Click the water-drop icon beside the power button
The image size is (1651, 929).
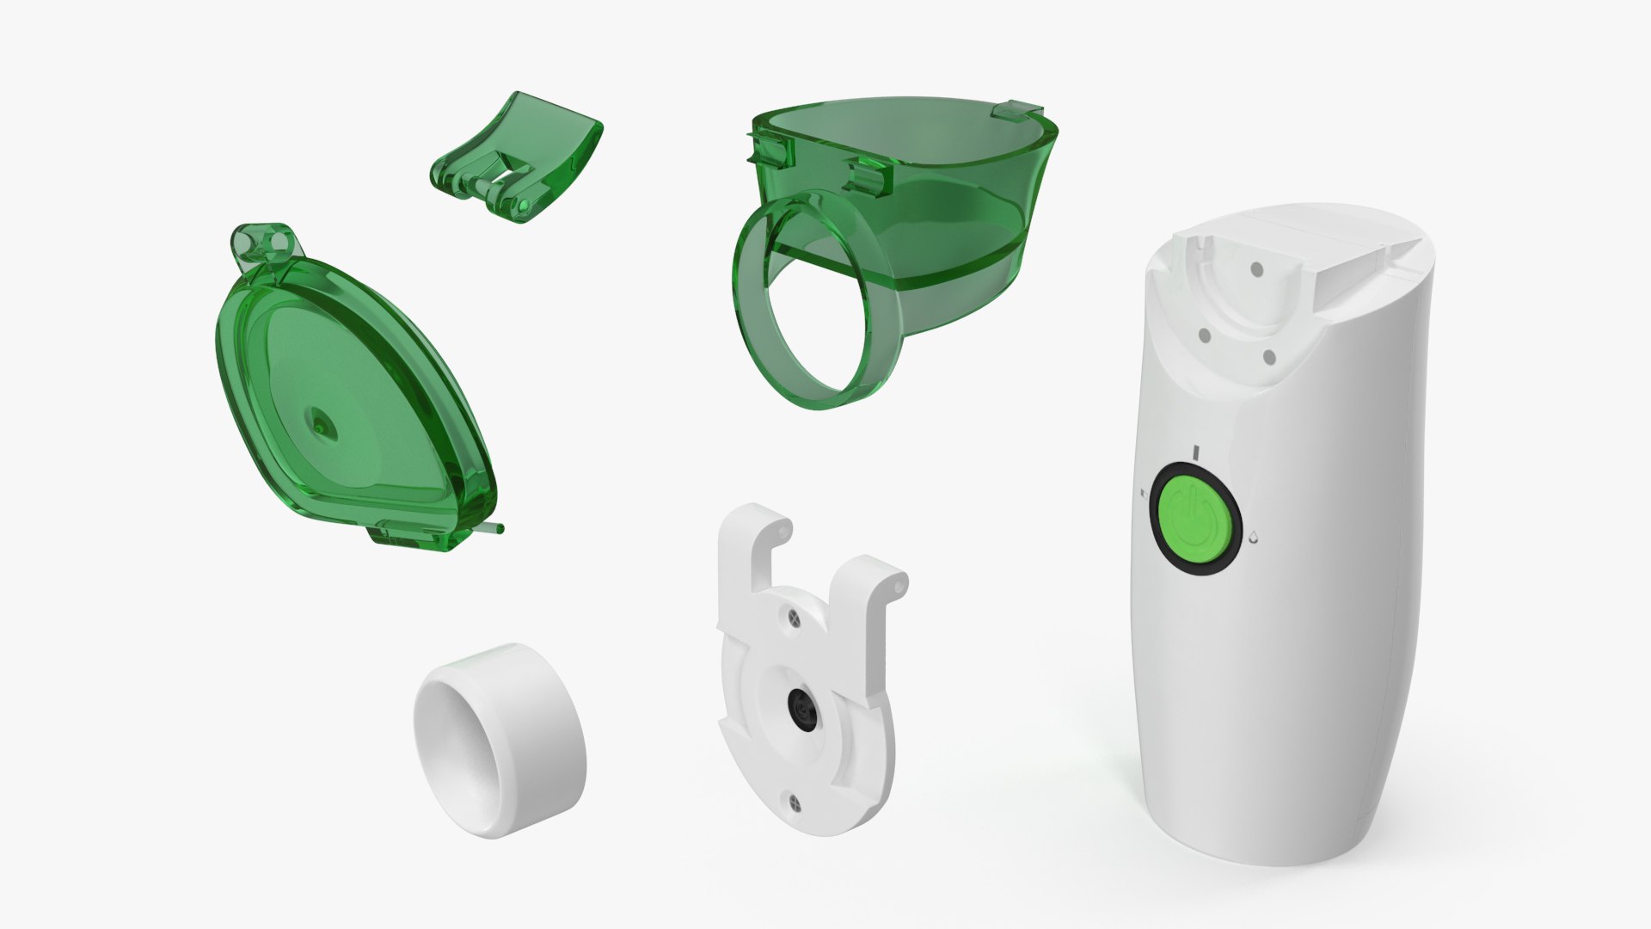1254,536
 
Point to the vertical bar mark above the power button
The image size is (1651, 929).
1196,452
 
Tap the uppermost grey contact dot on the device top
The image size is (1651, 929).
1256,269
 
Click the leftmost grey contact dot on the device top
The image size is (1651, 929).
1204,335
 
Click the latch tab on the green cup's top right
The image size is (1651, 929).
1014,111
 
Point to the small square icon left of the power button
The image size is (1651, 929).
1141,495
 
